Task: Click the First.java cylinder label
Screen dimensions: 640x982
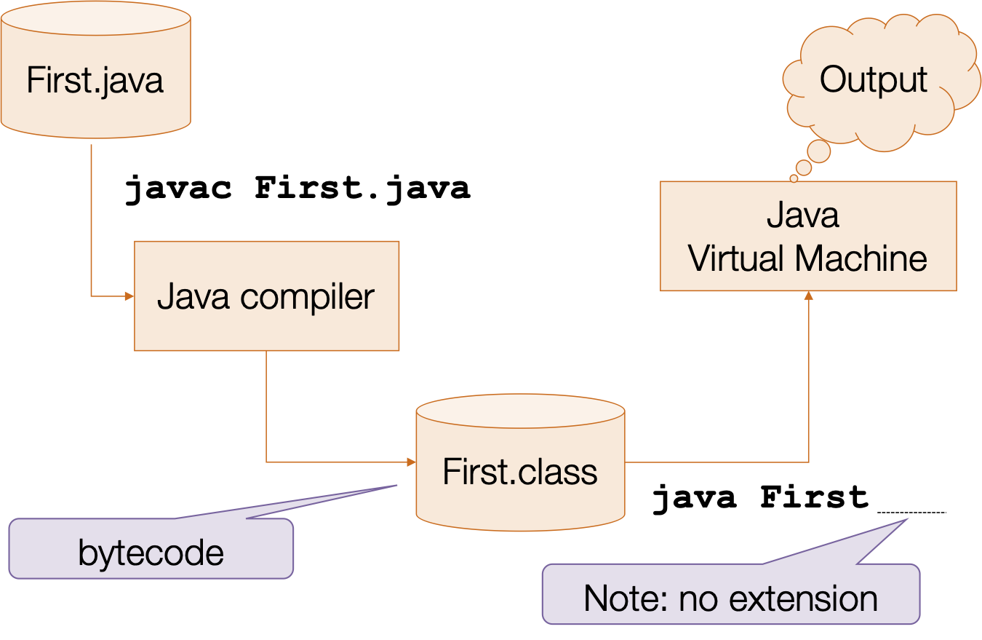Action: click(95, 80)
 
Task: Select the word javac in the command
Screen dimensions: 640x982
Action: click(178, 189)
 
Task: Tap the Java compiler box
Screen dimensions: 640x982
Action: click(266, 296)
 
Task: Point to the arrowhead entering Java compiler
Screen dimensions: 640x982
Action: click(129, 296)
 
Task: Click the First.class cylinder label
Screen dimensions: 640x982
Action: click(520, 472)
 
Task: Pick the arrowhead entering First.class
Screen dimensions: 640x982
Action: click(411, 462)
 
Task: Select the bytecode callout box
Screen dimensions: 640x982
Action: click(151, 551)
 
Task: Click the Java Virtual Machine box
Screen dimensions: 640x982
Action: click(807, 236)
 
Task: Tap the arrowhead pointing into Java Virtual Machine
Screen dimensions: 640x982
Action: click(808, 296)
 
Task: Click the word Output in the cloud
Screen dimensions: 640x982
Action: click(873, 80)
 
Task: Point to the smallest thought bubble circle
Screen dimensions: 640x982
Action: click(794, 178)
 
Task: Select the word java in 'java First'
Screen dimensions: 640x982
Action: click(695, 498)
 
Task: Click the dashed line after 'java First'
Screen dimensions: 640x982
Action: click(911, 513)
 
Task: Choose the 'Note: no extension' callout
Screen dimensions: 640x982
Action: click(730, 597)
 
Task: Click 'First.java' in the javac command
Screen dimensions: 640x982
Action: click(362, 189)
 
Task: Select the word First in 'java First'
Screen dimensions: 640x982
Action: click(815, 498)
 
